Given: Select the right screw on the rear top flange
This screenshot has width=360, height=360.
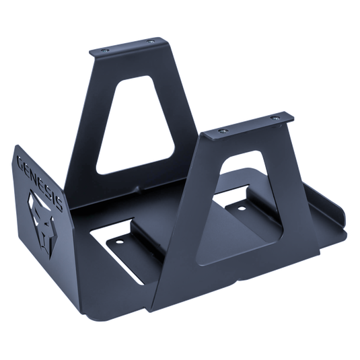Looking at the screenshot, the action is coord(150,42).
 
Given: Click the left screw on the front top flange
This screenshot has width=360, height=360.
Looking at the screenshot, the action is coord(223,131).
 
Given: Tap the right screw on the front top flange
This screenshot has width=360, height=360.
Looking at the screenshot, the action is coord(276,118).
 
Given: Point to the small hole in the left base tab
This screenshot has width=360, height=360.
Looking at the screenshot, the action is coord(119,242).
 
